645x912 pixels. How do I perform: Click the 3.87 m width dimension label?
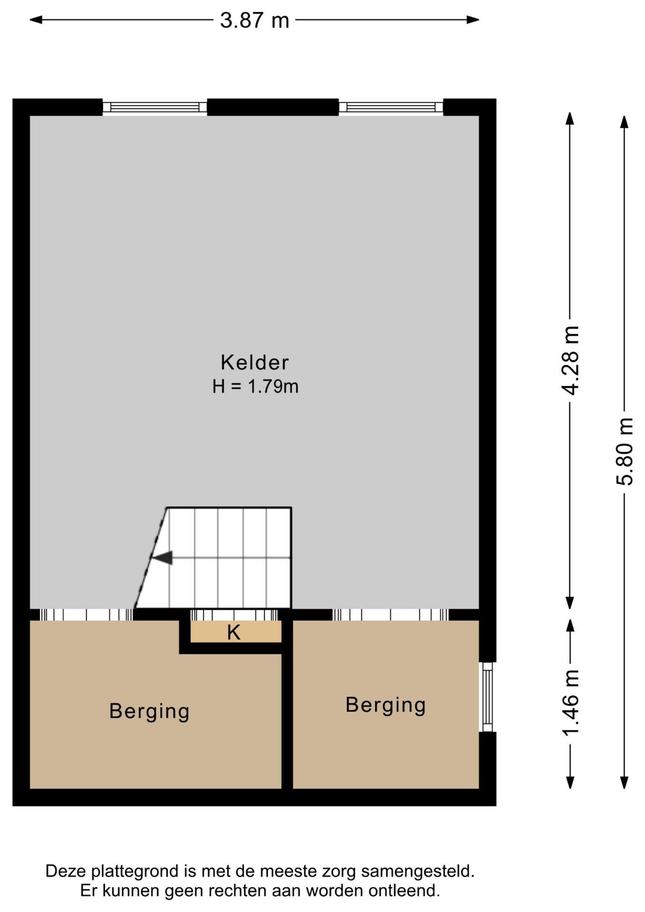254,20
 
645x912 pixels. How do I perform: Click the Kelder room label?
255,363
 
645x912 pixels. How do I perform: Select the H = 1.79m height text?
255,387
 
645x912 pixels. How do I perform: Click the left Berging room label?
149,711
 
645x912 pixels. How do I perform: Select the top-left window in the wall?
155,107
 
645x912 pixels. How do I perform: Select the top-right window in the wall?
391,107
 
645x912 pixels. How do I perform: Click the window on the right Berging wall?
487,697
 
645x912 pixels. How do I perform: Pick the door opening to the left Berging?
86,615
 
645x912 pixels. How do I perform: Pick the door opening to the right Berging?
390,615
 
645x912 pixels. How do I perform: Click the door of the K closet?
234,615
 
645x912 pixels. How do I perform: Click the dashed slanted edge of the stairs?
150,558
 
